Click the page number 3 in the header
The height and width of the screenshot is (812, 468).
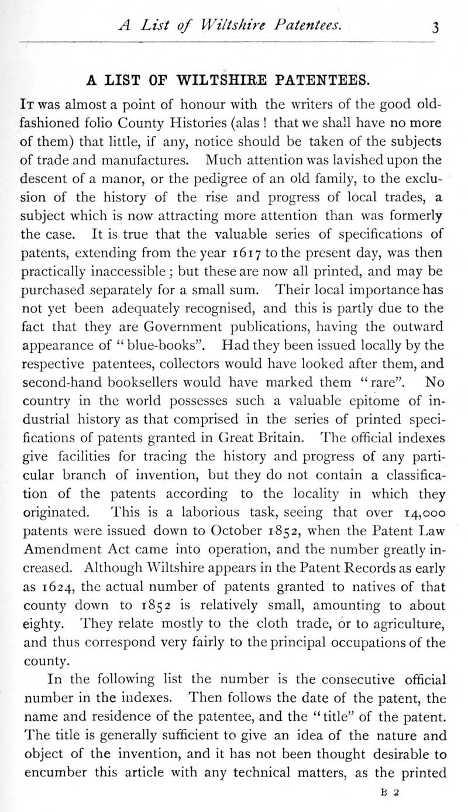click(x=435, y=27)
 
